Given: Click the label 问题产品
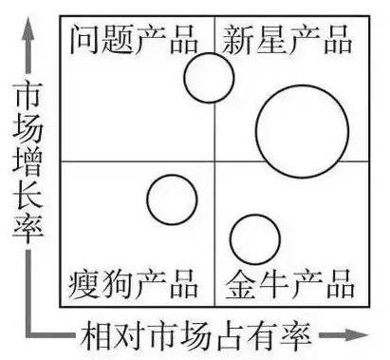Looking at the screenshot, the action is coord(134,41).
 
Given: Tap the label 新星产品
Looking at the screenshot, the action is coord(288,41).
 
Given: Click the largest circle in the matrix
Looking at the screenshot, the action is coord(301,131).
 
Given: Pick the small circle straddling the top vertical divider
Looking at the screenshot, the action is coord(209,78).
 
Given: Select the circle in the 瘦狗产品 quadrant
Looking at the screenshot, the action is coord(172,199).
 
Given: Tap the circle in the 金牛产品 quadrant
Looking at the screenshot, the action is coord(254,238).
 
